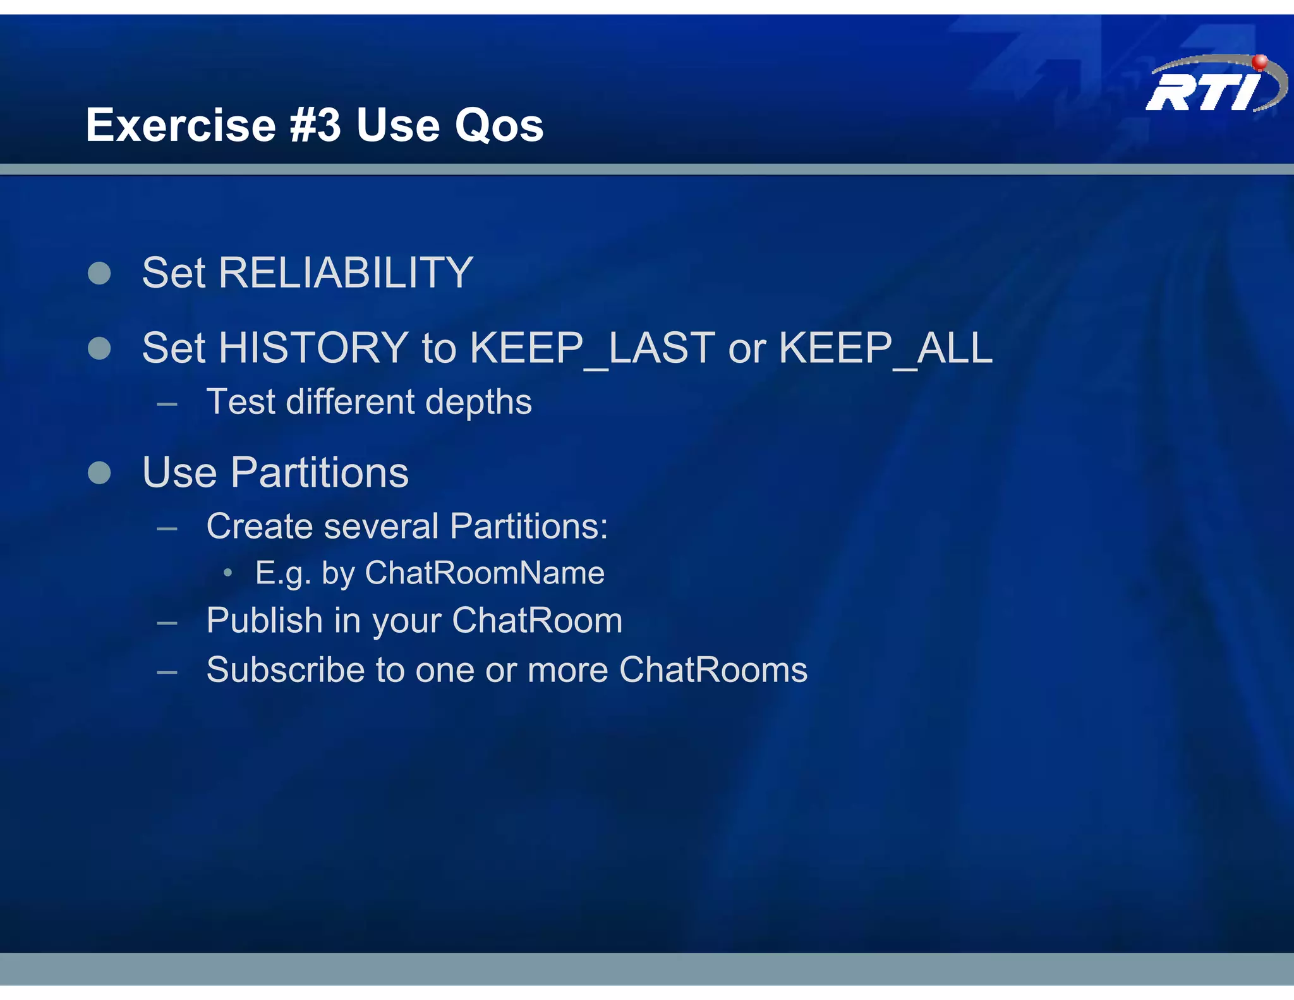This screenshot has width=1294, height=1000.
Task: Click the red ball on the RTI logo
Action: pos(1259,62)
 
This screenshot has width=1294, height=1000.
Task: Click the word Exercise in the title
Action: pos(181,125)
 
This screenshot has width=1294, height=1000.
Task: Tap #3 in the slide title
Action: pos(315,125)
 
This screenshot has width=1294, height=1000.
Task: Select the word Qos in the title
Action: pos(499,126)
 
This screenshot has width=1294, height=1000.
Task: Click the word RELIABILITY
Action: pos(346,273)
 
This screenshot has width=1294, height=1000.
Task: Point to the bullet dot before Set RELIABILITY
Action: pos(99,274)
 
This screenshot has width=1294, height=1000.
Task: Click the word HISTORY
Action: pos(313,348)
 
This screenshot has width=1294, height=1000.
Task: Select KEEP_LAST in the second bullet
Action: pos(592,348)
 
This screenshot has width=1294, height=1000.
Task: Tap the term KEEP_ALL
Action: pos(885,348)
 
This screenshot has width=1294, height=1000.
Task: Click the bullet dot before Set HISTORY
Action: pos(99,348)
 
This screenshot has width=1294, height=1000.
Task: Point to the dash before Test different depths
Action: pos(167,403)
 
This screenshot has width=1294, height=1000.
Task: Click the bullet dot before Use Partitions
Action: pos(99,473)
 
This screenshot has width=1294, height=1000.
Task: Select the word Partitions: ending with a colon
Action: pos(529,527)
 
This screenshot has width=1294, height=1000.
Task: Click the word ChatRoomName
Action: pos(485,573)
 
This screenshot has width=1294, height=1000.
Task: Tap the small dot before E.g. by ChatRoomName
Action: pos(228,573)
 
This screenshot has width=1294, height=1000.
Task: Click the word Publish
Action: pos(265,621)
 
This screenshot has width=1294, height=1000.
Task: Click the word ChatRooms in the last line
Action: pos(713,670)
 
